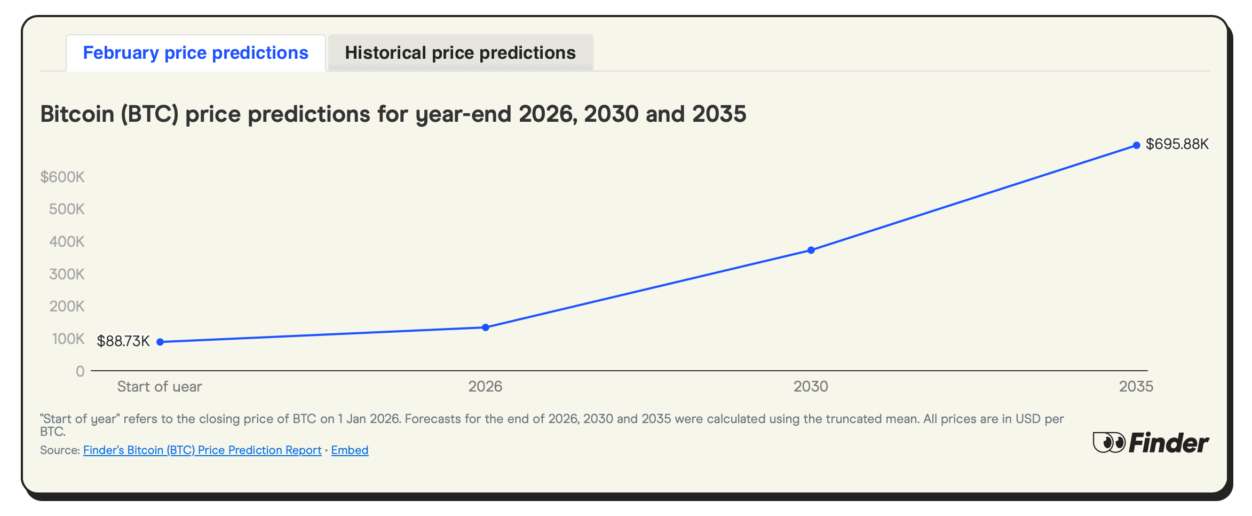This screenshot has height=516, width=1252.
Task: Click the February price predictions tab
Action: [x=195, y=53]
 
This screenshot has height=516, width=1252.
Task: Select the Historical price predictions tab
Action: [x=460, y=53]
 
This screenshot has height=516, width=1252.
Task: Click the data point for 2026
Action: [x=486, y=327]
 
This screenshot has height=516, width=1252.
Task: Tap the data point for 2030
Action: [x=811, y=250]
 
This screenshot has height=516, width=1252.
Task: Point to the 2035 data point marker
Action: [x=1136, y=145]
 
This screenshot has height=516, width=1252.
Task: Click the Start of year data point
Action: [x=160, y=342]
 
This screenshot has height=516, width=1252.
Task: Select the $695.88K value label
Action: [x=1177, y=144]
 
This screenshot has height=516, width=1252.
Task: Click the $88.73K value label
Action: [x=123, y=341]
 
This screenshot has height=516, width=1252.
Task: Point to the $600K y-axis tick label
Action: [x=62, y=177]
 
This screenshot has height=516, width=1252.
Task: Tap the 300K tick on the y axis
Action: [x=67, y=274]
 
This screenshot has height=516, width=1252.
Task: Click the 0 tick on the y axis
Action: [x=80, y=371]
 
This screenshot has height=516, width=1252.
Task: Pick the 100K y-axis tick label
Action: [x=68, y=339]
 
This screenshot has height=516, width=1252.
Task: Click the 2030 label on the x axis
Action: [x=811, y=386]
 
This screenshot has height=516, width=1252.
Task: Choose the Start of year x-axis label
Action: [x=160, y=386]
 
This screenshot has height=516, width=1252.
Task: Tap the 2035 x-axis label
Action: [x=1136, y=386]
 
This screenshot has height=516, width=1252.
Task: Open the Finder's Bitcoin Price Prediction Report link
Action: [x=202, y=450]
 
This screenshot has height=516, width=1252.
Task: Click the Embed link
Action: [x=350, y=450]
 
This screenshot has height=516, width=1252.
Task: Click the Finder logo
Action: [x=1151, y=443]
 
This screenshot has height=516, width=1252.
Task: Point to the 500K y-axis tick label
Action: [x=67, y=209]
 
